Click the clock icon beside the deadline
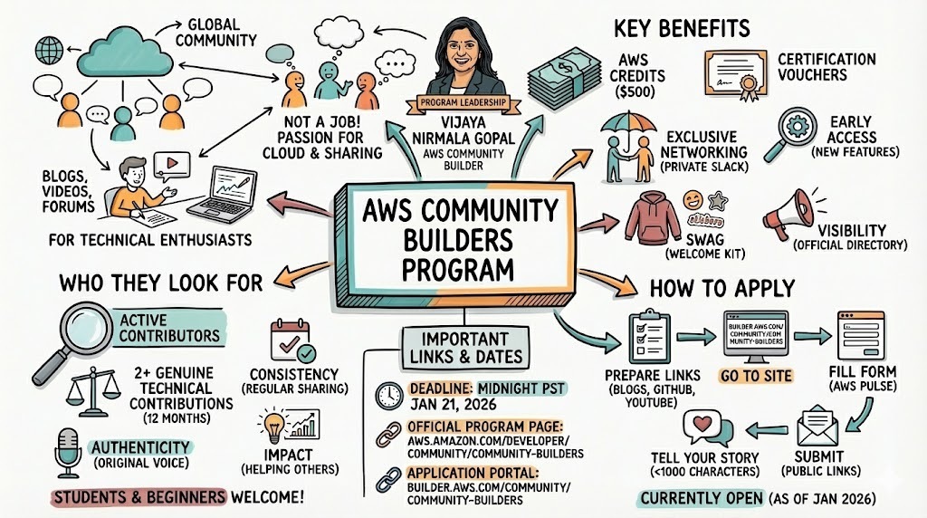(389, 393)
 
